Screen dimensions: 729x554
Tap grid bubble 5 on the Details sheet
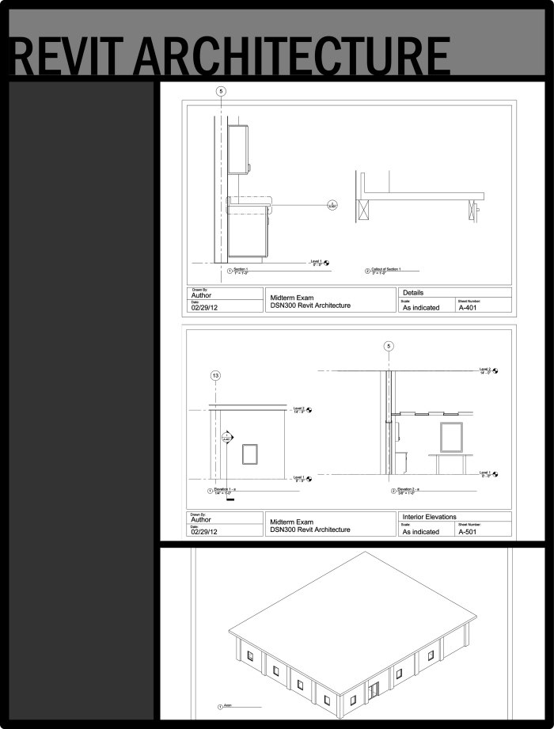click(x=220, y=91)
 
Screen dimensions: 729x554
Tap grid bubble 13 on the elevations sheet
click(x=215, y=375)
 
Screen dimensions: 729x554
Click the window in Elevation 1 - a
click(x=250, y=453)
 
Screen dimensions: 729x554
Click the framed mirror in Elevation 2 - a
click(x=451, y=437)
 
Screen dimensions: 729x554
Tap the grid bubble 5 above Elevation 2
click(x=388, y=346)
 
